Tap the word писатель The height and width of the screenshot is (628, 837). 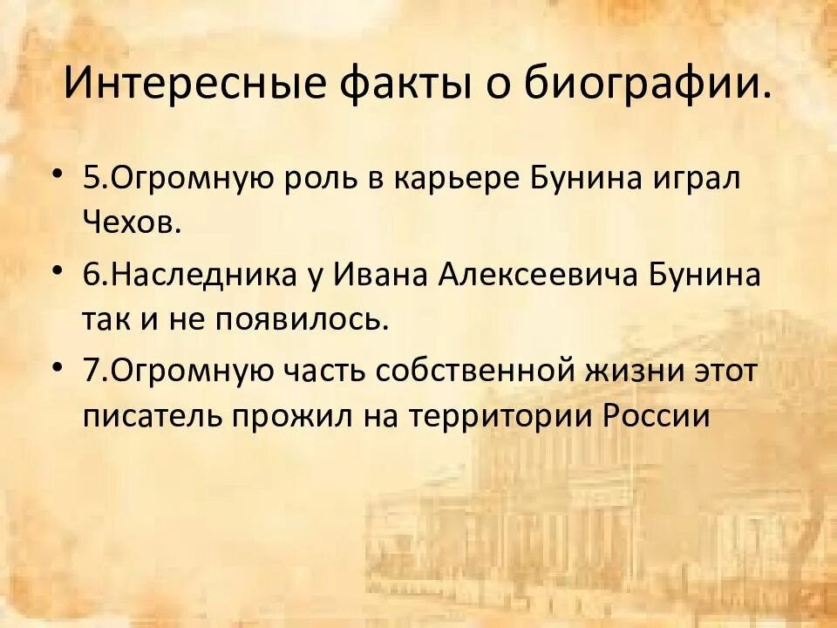(152, 416)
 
